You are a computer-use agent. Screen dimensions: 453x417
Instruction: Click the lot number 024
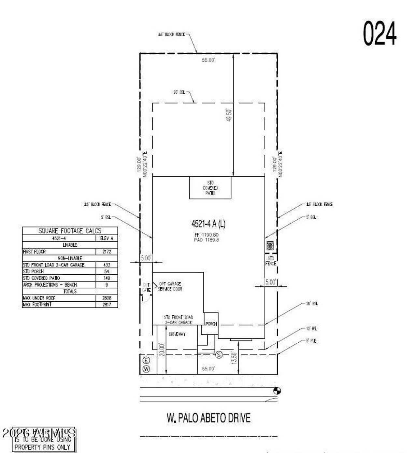tap(380, 33)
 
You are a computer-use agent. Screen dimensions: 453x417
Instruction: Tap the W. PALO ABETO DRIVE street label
tap(208, 418)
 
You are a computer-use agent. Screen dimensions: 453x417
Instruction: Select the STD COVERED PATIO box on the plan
tap(210, 188)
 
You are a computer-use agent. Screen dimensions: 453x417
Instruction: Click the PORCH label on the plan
tap(211, 324)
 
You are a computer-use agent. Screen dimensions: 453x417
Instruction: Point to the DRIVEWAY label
tap(177, 334)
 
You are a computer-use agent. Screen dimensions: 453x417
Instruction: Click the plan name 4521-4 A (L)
tap(208, 224)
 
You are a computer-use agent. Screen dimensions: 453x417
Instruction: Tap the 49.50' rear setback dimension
tap(229, 115)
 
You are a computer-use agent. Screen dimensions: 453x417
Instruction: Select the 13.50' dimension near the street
tap(234, 358)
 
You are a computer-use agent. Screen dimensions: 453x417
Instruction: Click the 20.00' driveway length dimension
tap(162, 350)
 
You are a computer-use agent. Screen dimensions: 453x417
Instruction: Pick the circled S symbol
tap(219, 355)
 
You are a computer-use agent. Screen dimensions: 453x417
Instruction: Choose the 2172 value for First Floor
tap(107, 252)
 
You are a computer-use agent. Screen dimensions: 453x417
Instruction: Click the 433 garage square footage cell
tap(107, 265)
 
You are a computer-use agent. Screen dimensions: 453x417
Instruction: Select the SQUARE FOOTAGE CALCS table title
tap(70, 231)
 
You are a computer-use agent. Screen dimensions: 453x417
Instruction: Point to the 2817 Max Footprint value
tap(107, 305)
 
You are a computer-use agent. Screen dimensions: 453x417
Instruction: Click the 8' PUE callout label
tap(311, 341)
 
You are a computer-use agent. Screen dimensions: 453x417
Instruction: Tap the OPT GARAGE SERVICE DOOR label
tap(170, 286)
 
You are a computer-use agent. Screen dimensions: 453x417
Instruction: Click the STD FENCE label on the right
tap(271, 261)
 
